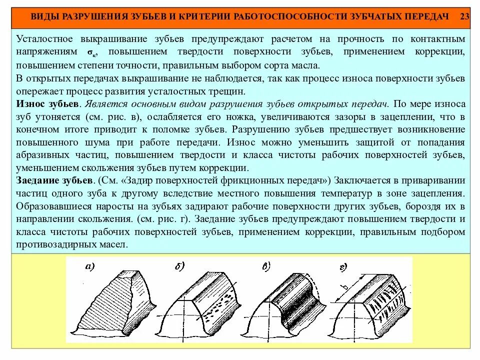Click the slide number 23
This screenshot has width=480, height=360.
[x=464, y=16]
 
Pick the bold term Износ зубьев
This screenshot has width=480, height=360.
[x=48, y=104]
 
